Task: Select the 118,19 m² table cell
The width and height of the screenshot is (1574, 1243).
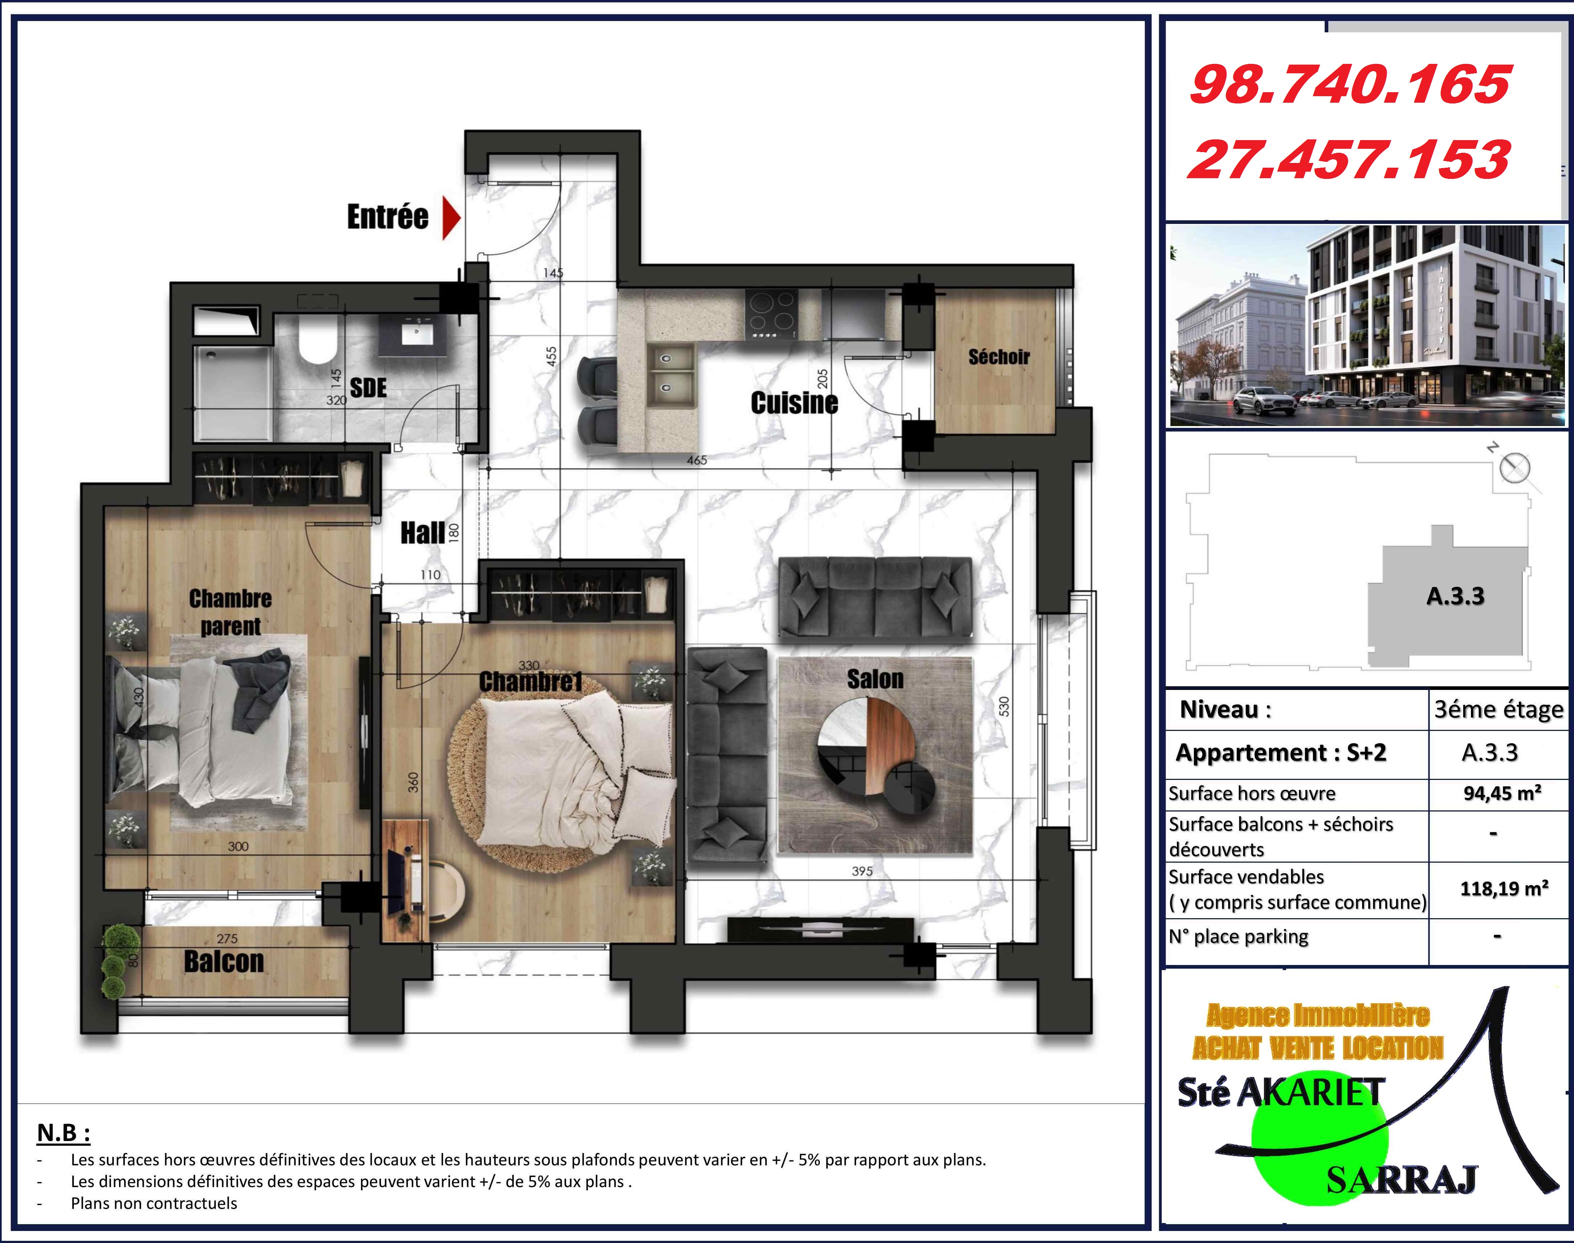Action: tap(1504, 888)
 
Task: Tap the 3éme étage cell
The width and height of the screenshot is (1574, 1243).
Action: tap(1498, 710)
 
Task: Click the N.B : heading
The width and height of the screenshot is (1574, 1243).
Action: tap(63, 1133)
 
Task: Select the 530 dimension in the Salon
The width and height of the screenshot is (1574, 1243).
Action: tap(1004, 706)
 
